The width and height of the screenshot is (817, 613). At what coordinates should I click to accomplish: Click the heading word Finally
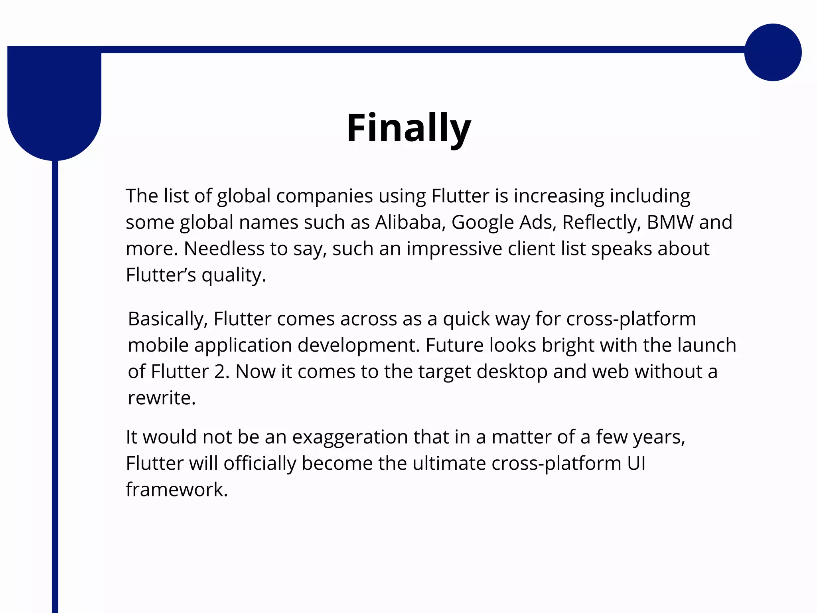409,128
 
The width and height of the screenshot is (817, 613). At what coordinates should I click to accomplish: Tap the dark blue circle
773,52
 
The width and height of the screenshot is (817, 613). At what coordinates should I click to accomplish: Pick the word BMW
670,222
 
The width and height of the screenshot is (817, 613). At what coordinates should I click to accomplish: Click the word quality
233,275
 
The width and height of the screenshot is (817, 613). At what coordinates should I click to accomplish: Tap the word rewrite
162,398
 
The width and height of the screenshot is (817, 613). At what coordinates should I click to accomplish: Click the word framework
176,490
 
